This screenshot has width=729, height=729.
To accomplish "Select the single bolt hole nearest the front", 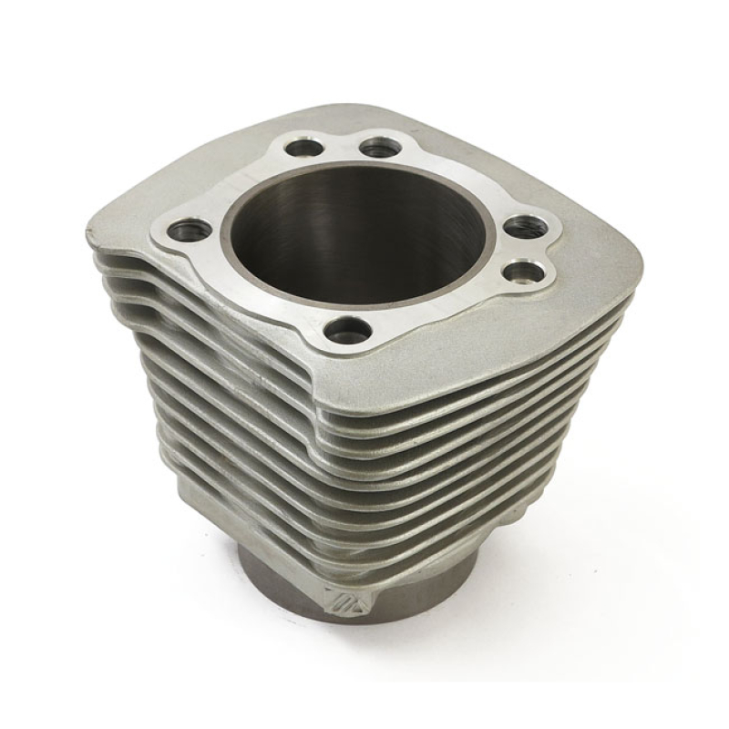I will coord(349,328).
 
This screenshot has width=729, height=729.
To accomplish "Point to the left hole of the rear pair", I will coord(302,144).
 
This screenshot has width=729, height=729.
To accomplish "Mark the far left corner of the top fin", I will coord(91,232).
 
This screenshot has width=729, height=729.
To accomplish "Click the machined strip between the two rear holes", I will coord(338,142).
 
